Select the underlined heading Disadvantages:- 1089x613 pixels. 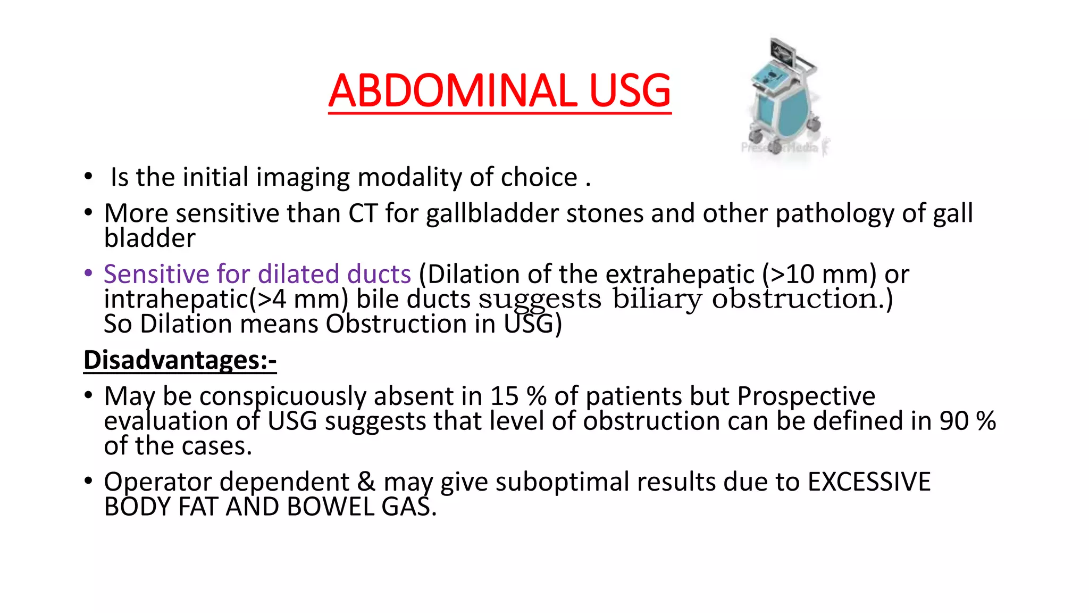click(180, 360)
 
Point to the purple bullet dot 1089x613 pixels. click(88, 274)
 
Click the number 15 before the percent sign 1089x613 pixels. click(504, 396)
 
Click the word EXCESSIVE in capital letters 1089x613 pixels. click(869, 482)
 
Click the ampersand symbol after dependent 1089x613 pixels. click(365, 482)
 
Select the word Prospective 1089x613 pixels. click(806, 396)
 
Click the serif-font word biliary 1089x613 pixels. click(657, 299)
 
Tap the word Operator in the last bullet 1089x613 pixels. click(158, 482)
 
